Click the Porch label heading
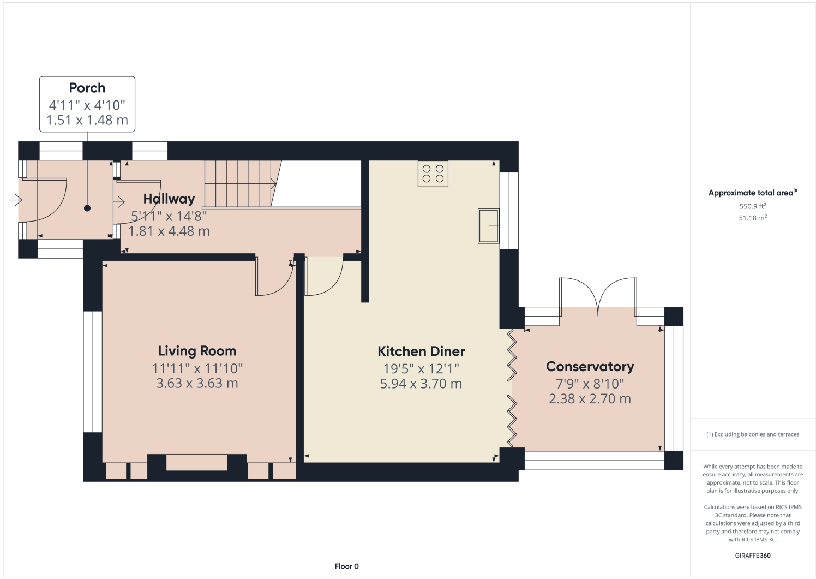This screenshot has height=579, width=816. point(87,88)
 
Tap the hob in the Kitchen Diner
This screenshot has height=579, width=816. point(433,174)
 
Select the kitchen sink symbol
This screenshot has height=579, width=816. point(489,226)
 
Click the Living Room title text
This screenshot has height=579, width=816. point(197,351)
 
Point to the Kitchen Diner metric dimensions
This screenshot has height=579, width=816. point(421,384)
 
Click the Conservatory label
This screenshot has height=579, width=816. point(590,367)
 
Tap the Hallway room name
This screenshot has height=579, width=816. point(169,199)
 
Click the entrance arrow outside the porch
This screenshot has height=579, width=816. point(16,200)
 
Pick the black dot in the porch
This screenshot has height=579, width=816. point(87,208)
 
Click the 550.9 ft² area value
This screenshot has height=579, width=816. point(753,206)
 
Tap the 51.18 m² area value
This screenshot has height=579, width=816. point(753,218)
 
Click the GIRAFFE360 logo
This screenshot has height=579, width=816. point(753,556)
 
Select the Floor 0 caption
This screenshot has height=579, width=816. point(346,566)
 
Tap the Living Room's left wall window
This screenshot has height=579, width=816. point(93,372)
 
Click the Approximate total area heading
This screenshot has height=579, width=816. point(753,193)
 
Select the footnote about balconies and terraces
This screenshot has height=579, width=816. point(753,434)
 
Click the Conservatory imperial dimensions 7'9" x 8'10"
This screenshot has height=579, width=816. point(590,384)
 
